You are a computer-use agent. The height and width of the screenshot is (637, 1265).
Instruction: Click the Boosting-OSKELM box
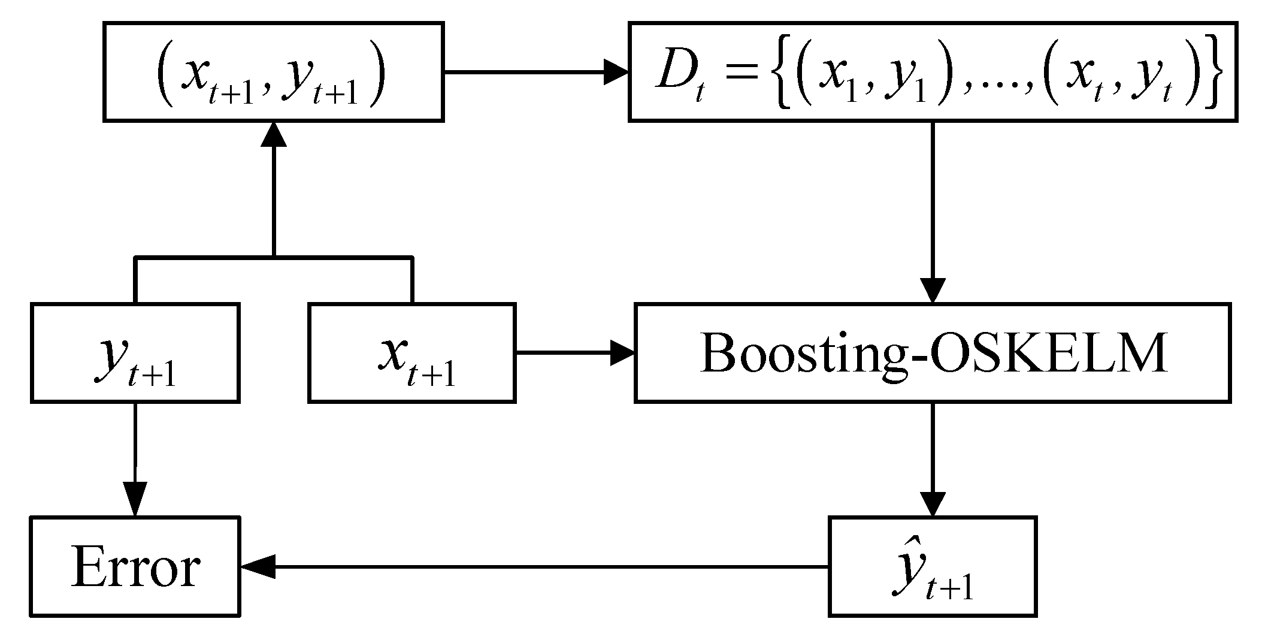[932, 354]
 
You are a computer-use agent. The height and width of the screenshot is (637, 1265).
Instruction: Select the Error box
[135, 566]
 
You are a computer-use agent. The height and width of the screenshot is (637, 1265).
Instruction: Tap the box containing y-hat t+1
[932, 566]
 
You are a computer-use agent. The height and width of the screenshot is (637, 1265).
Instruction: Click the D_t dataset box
[932, 72]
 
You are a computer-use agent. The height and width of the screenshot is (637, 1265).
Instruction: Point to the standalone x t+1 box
[412, 354]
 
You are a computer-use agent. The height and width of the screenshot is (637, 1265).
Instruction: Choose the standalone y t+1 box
[135, 354]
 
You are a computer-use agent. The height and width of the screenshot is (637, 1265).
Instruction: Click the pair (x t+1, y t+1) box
[274, 72]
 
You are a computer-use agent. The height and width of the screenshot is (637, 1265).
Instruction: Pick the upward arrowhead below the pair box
[274, 134]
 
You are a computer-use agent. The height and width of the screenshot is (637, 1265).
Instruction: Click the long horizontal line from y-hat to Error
[539, 566]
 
